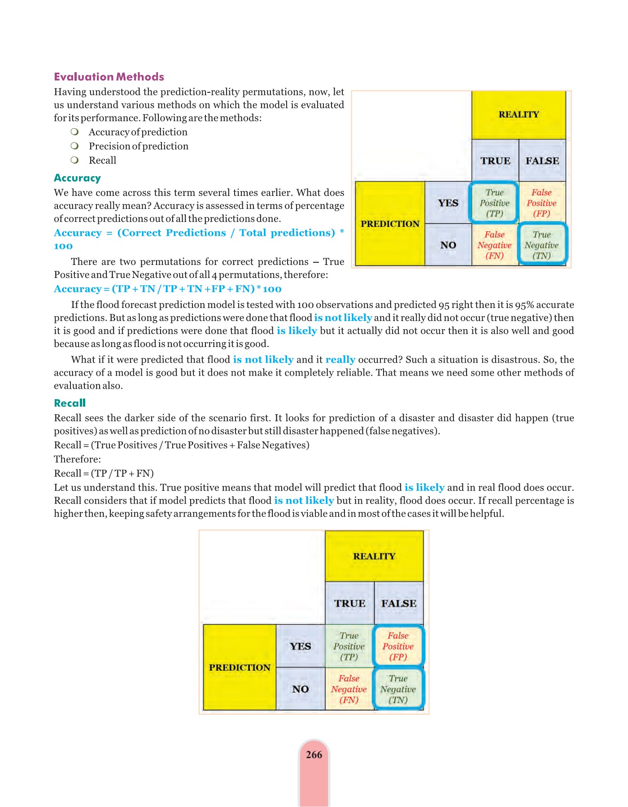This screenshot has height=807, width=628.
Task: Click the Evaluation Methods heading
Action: coord(109,77)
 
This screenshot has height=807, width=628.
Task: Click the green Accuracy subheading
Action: coord(77,178)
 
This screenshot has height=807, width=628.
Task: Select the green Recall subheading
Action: coord(70,403)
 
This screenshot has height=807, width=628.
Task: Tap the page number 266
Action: coord(314,755)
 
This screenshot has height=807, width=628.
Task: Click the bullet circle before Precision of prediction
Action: coord(74,146)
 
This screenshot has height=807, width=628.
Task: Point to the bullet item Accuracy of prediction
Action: coord(138,132)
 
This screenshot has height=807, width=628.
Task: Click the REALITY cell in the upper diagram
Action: coord(519,115)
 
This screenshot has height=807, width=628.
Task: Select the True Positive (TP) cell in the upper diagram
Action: coord(494,203)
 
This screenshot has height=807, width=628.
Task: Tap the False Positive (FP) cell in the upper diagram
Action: coord(541,203)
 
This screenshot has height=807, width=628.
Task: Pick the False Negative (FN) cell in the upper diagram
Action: coord(494,245)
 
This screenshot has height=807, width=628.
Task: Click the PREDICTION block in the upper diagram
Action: coord(390,224)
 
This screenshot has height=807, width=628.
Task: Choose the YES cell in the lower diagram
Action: coord(300,646)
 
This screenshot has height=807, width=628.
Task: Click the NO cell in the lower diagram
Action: coord(300,689)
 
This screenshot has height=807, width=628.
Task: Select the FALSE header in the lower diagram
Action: coord(398,603)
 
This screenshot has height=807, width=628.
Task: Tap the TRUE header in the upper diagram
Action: coord(495,161)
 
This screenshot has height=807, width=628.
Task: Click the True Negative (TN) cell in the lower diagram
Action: coord(398,689)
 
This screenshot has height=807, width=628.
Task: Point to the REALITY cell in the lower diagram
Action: coord(374,556)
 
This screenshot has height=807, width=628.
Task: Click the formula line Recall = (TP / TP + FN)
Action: coord(104,473)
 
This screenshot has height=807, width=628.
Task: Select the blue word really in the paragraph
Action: coord(340,359)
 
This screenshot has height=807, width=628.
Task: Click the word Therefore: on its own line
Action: coord(77,459)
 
